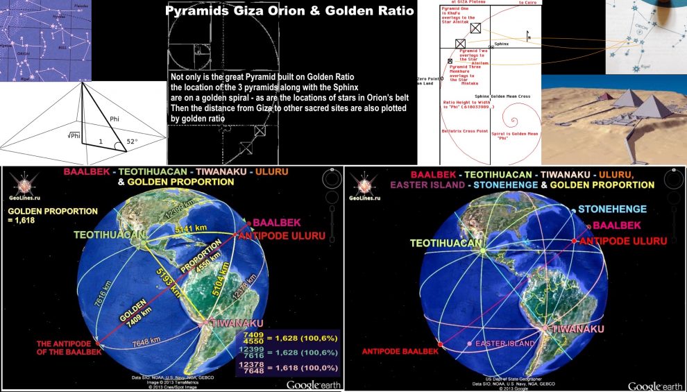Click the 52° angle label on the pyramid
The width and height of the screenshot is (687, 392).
(x=132, y=141)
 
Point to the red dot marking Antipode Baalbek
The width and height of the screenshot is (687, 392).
(x=440, y=344)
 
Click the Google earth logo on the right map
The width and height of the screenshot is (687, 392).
(x=654, y=385)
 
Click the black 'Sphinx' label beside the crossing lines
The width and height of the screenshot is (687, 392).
(x=482, y=43)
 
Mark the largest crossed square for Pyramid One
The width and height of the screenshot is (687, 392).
(x=475, y=28)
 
